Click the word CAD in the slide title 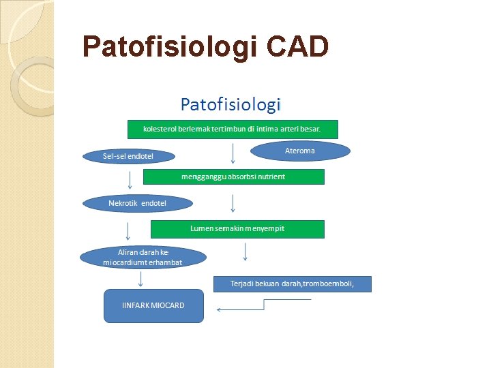click(x=299, y=46)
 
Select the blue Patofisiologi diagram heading click(x=230, y=104)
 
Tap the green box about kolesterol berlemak click(x=233, y=129)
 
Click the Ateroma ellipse click(x=300, y=151)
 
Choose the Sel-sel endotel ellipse click(x=128, y=157)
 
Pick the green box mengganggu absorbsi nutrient click(x=233, y=177)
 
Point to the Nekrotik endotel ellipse click(x=137, y=203)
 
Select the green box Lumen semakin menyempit click(x=237, y=228)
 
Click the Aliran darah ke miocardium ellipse click(x=142, y=257)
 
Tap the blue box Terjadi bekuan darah click(x=292, y=283)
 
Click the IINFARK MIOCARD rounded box click(x=153, y=305)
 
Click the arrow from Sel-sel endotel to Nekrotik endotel click(x=130, y=180)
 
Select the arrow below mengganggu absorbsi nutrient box click(x=233, y=202)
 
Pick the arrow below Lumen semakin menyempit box click(x=245, y=252)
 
